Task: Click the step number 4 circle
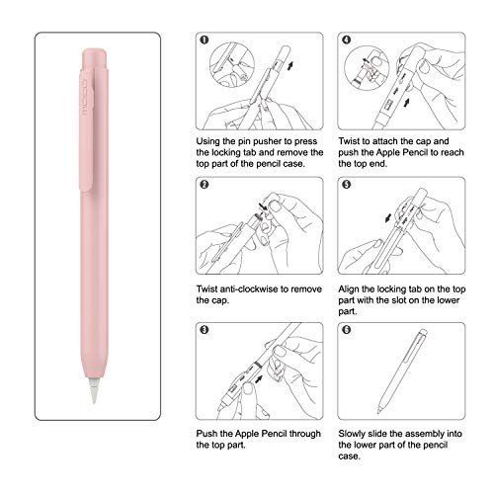(343, 42)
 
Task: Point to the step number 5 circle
(343, 185)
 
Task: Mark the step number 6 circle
(343, 327)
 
